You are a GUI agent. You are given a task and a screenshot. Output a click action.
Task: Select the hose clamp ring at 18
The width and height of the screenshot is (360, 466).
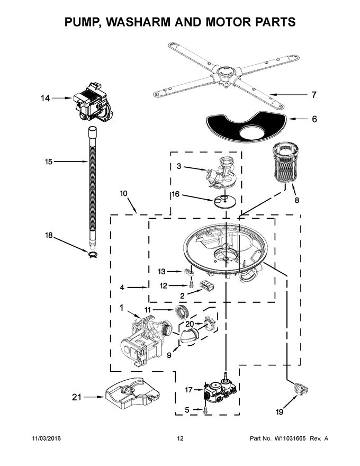pyautogui.click(x=93, y=257)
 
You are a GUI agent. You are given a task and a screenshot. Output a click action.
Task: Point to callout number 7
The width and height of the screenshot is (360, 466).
pyautogui.click(x=313, y=95)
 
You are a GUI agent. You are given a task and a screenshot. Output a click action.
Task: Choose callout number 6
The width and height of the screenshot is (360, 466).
pyautogui.click(x=314, y=119)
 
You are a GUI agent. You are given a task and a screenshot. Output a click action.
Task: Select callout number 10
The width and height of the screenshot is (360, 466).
pyautogui.click(x=123, y=194)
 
